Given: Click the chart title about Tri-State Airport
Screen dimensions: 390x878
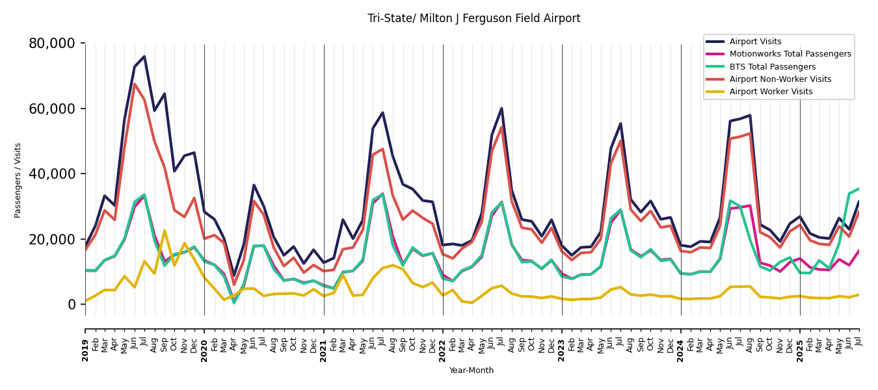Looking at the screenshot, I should point(473,19).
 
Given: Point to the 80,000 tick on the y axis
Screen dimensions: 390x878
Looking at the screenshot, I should point(52,44).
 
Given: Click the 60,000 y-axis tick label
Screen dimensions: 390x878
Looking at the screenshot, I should point(52,109).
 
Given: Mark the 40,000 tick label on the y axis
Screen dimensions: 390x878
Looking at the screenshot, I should point(52,174).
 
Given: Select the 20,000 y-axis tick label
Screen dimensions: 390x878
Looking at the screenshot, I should point(52,239).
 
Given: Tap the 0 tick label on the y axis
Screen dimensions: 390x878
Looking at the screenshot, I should point(72,304).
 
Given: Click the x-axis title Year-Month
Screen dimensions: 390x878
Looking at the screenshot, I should point(472,370).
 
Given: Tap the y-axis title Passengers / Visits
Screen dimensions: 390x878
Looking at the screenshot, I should point(18,180).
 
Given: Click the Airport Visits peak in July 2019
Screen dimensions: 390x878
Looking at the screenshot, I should point(144,57).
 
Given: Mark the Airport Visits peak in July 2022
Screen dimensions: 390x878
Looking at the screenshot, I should point(501,109).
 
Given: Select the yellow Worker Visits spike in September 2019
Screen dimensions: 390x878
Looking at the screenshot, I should point(164,231).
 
